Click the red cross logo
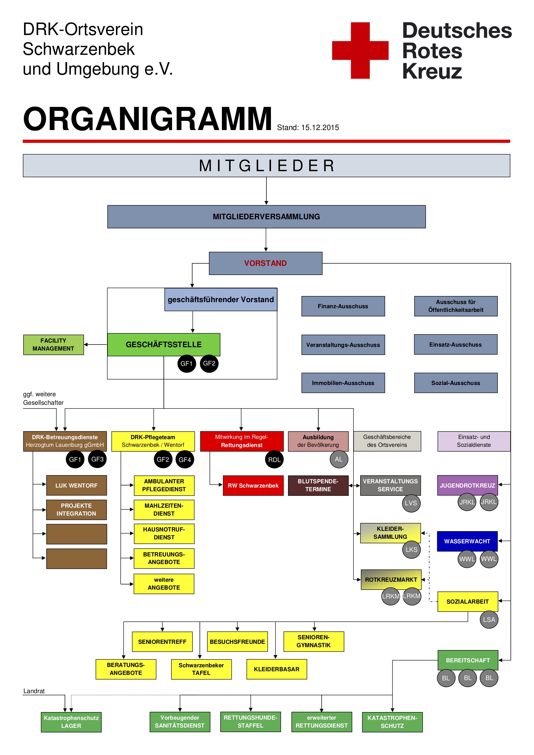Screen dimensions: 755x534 360,50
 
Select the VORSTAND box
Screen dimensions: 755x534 265,263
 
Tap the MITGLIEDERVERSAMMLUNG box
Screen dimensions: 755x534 266,217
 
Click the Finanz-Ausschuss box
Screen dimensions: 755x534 343,306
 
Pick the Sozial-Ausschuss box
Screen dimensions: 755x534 455,383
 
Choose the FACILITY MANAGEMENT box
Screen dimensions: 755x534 53,344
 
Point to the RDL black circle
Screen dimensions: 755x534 274,460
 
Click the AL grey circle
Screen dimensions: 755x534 339,459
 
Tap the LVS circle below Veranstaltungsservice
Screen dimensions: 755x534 411,503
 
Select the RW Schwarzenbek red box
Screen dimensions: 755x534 253,485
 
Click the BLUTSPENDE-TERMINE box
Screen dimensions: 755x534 318,485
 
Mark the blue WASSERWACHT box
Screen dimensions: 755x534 467,541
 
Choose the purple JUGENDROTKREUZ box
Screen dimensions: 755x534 467,485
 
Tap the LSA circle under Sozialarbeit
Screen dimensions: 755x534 489,619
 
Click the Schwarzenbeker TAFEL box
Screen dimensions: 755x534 201,669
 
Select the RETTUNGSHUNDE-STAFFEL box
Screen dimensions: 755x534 251,721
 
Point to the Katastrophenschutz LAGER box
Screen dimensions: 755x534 71,722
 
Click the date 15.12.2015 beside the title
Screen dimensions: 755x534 320,128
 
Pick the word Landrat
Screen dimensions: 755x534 34,691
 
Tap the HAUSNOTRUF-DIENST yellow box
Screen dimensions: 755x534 164,533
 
